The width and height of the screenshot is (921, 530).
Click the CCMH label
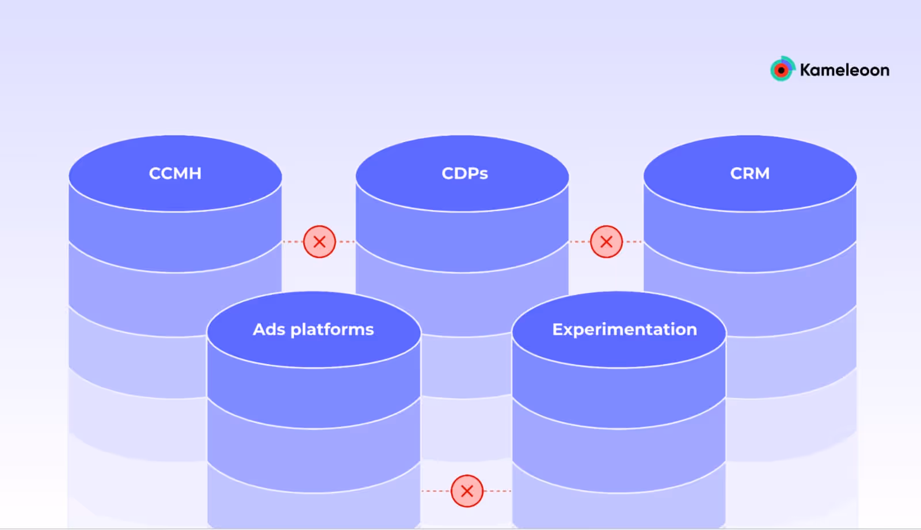click(x=175, y=173)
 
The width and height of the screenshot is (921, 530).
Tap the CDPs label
click(x=465, y=173)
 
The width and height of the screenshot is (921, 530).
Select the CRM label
click(x=749, y=173)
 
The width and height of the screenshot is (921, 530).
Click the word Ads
click(x=269, y=330)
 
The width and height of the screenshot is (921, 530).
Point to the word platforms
click(x=332, y=330)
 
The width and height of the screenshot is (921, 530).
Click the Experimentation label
click(x=625, y=330)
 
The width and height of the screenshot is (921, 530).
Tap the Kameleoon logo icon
click(x=782, y=70)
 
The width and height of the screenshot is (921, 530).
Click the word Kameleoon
click(x=844, y=70)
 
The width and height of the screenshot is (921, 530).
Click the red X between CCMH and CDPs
click(x=319, y=241)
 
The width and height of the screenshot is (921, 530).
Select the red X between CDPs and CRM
click(x=606, y=241)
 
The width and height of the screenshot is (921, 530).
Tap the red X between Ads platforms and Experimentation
click(x=467, y=491)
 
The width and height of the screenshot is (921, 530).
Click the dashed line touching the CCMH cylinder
click(x=292, y=241)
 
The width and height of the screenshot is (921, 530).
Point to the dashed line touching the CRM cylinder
click(x=633, y=241)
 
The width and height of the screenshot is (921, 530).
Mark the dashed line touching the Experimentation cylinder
click(x=497, y=491)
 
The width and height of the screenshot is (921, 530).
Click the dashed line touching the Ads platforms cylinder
click(x=436, y=491)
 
